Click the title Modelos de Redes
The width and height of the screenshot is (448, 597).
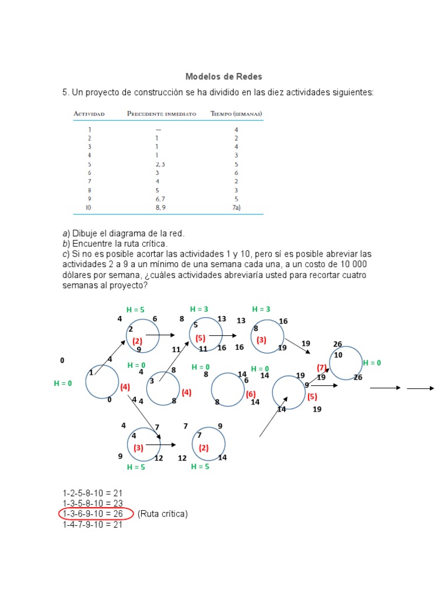point(223,76)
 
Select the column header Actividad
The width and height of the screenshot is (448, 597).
point(89,114)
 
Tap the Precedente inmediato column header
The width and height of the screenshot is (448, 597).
point(162,114)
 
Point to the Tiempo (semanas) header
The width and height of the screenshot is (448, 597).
point(236,114)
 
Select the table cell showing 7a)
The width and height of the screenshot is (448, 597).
point(236,207)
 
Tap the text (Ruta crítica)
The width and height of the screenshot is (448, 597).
point(163,514)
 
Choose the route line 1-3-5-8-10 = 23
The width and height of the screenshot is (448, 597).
point(92,503)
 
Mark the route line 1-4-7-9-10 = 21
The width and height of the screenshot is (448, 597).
point(92,524)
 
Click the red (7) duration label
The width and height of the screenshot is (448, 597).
point(321,368)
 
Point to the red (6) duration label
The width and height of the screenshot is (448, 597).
point(251,394)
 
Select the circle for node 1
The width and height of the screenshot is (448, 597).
point(102,382)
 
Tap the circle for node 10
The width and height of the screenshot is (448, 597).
point(346,363)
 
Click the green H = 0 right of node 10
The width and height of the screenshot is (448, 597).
point(372,363)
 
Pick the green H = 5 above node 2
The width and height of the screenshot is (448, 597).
point(135,310)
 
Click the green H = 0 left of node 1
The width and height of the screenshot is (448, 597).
point(63,383)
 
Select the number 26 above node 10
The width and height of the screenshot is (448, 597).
point(337,344)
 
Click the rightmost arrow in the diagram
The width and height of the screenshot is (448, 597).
point(420,388)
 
